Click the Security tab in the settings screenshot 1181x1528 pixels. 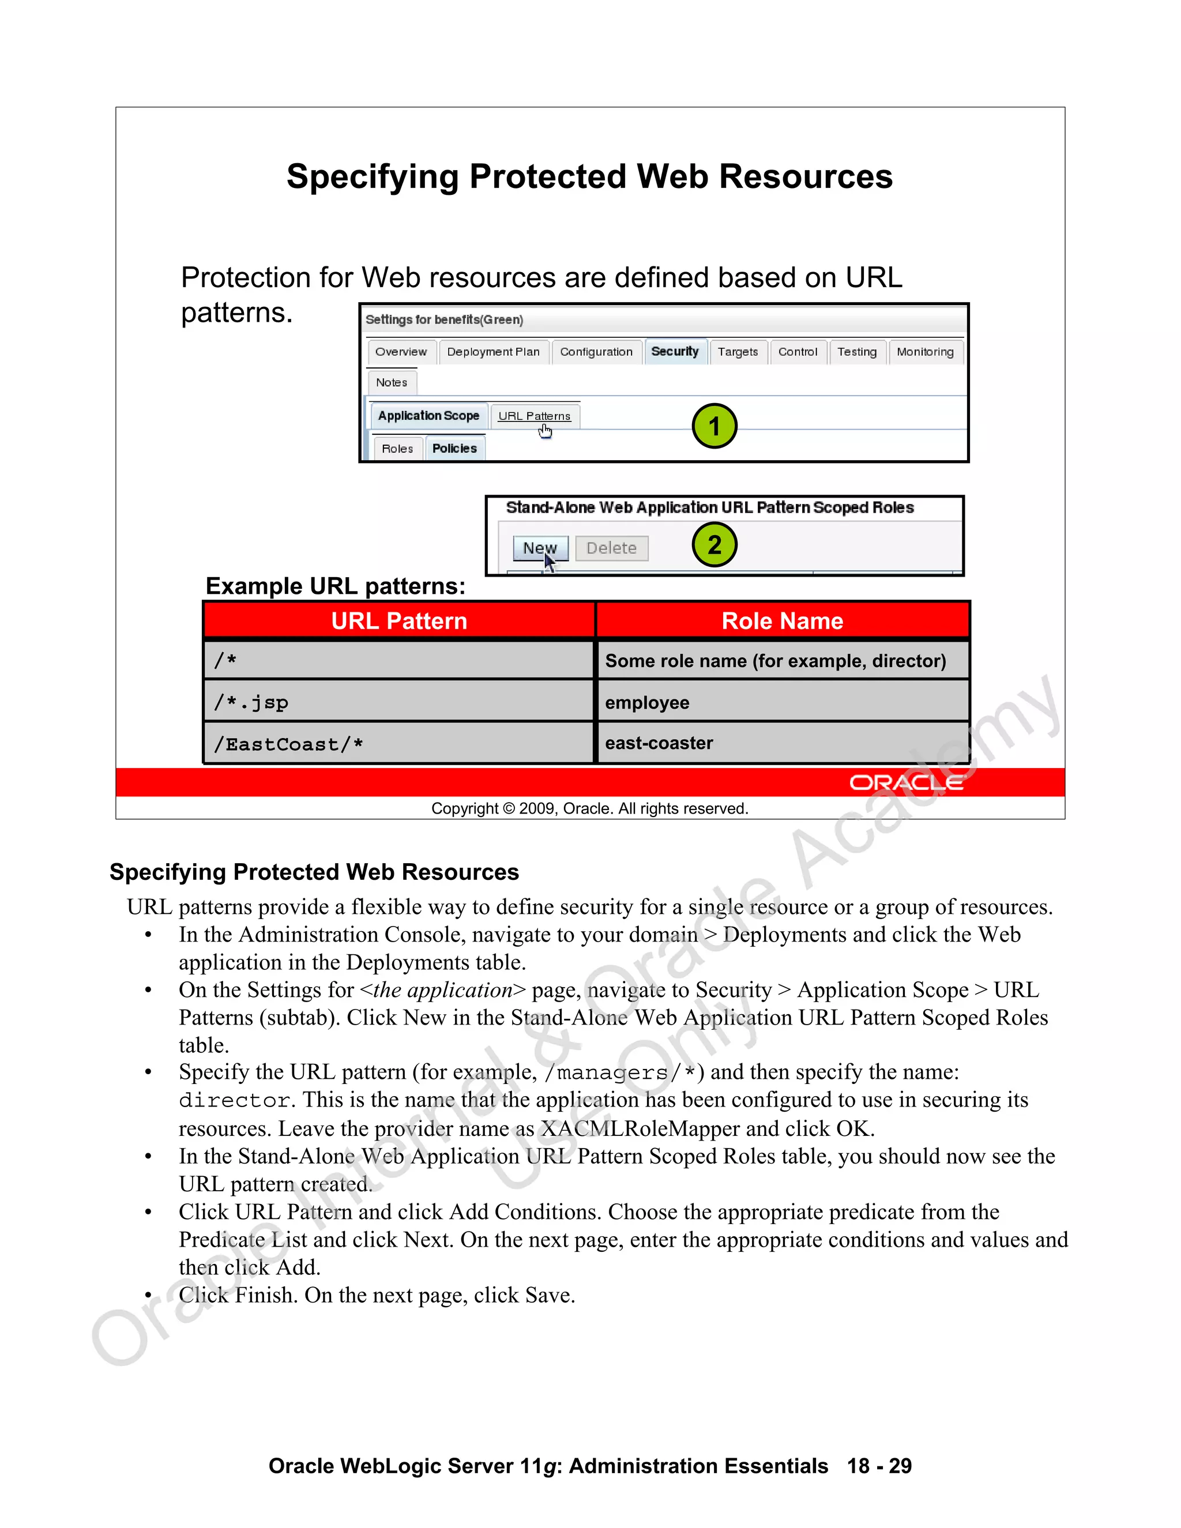[675, 351]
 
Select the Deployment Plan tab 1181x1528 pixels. [493, 352]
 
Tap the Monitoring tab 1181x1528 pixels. [925, 352]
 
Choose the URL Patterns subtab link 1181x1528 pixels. [534, 416]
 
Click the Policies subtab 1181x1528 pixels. [454, 449]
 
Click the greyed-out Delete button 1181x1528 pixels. [611, 548]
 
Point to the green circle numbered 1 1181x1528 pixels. [714, 426]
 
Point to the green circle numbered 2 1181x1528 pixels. [714, 545]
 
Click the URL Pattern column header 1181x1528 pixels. [399, 620]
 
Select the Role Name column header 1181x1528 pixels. [782, 620]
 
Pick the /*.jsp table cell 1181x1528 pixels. [399, 702]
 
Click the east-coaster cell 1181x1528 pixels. [782, 743]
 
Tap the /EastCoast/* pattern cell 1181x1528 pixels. [399, 744]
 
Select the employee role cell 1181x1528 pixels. [782, 702]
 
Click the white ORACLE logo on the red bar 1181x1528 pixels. [906, 783]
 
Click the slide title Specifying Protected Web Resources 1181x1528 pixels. [590, 176]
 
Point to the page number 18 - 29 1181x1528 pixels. [879, 1466]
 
